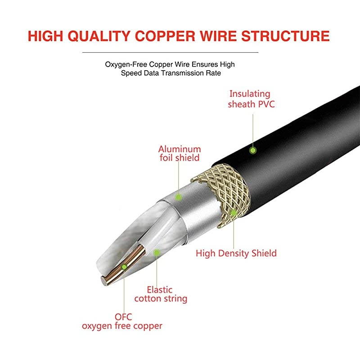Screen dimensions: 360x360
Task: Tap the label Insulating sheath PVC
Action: (250, 99)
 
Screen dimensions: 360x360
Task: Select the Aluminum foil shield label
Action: (179, 153)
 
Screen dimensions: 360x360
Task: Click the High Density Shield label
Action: (236, 253)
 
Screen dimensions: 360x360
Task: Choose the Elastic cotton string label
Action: (161, 294)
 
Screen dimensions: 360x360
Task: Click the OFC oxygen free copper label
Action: (122, 321)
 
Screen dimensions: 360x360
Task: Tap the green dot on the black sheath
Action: (253, 149)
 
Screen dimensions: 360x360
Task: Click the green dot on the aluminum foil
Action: (179, 197)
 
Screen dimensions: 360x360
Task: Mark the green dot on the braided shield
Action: (233, 211)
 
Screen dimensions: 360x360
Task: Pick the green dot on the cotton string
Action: (157, 252)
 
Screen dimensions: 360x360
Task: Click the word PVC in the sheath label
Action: (265, 104)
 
